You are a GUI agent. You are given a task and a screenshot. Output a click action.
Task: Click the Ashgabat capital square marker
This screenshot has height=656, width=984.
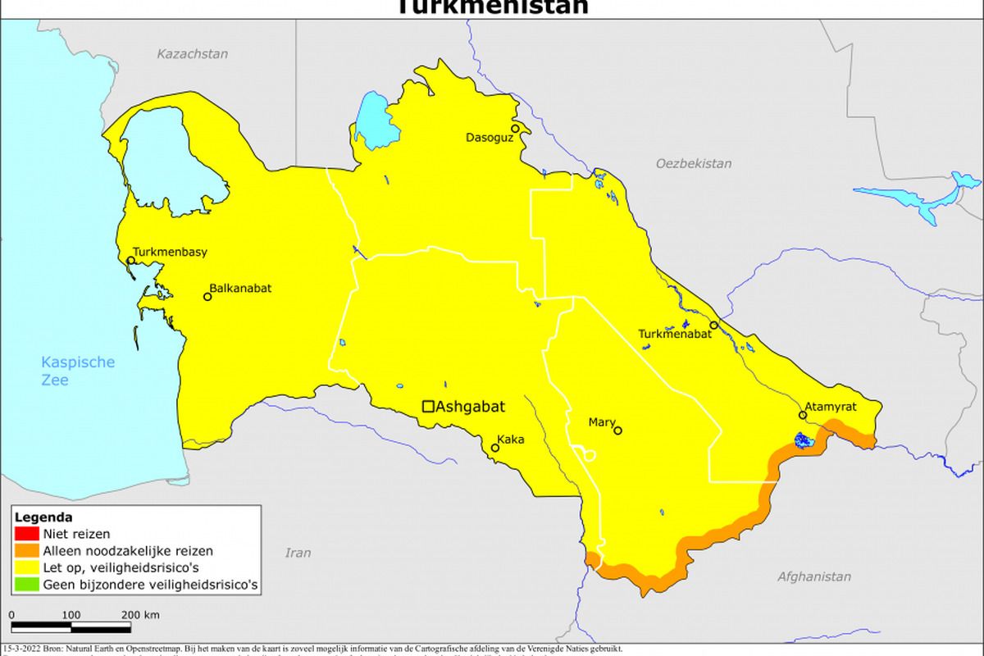[x=428, y=406]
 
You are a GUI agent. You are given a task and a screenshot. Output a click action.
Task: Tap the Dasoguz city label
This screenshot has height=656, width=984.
[x=488, y=138]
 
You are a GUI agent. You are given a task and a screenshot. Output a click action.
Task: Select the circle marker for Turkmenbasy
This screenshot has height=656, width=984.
[x=130, y=261]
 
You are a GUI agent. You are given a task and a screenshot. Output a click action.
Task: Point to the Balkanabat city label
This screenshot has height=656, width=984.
[x=240, y=289]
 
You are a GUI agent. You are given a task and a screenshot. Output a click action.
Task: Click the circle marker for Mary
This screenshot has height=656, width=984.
[x=617, y=430]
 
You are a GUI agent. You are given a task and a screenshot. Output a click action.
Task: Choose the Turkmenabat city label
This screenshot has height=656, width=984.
[x=674, y=334]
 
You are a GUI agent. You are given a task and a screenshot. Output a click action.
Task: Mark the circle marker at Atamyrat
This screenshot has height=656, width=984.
[x=803, y=415]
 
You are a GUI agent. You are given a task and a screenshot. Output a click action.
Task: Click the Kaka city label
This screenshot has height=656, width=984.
[x=510, y=440]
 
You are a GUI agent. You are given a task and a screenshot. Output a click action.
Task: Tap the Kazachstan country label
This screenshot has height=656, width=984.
[x=193, y=54]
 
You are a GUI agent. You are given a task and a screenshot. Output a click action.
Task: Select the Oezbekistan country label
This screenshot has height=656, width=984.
[x=693, y=163]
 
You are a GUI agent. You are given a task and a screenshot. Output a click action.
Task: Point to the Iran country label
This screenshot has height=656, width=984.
[x=298, y=553]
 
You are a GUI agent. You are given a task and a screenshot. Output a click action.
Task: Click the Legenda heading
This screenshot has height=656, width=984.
[x=43, y=517]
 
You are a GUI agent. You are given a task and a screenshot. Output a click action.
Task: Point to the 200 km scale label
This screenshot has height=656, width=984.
[x=139, y=615]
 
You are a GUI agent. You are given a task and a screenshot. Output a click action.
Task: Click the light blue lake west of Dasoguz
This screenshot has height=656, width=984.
[x=373, y=121]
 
